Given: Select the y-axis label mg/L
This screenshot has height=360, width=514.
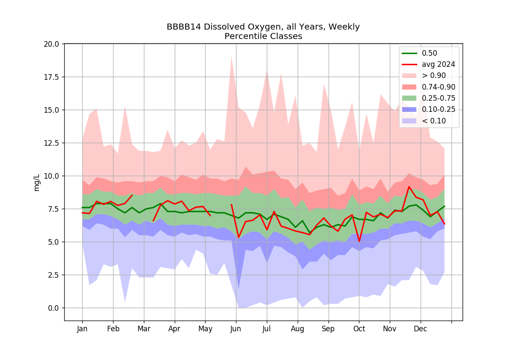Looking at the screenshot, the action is [37, 183].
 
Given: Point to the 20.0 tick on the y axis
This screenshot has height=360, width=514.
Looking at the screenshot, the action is [51, 44].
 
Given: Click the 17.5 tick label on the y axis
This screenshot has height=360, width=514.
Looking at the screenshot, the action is [51, 77].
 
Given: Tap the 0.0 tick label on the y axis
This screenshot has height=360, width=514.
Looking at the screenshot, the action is [53, 308].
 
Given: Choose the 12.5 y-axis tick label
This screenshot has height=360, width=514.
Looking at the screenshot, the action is [51, 143].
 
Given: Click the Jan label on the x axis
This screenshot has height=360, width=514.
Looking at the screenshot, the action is [82, 329].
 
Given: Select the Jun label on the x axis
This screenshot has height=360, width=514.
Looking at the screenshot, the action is [236, 329].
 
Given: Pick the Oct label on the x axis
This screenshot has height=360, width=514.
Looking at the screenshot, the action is [359, 329].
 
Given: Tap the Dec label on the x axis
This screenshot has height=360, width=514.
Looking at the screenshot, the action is [420, 329].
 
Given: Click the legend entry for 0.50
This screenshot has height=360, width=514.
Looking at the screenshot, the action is [429, 53].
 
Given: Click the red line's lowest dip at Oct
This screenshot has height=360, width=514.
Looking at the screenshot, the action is [359, 241].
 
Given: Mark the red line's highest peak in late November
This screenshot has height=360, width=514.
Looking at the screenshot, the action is [409, 187].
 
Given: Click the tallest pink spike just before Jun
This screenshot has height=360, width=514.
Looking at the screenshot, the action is [231, 57].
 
